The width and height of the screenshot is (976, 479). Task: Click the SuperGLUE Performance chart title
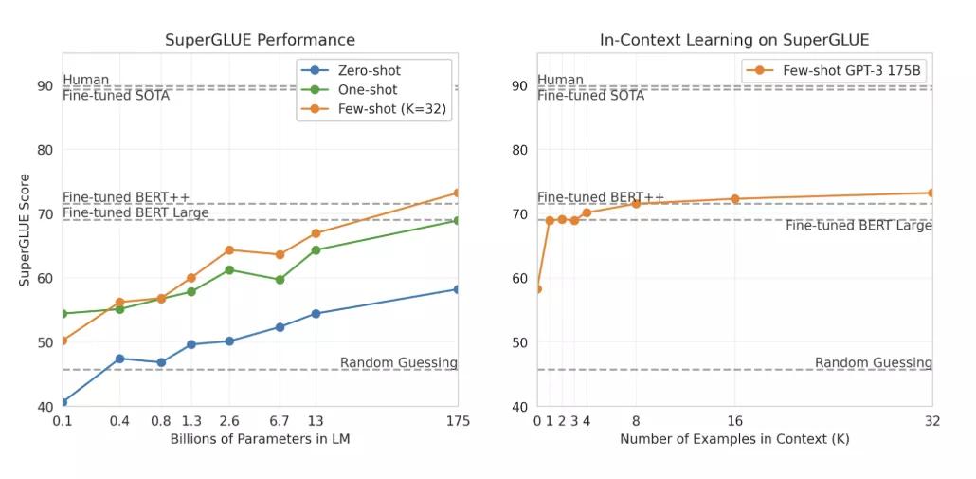260,40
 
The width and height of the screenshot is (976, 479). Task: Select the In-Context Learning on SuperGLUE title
734,40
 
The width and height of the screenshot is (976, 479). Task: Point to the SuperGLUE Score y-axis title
26,230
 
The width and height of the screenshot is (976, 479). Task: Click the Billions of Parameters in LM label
260,439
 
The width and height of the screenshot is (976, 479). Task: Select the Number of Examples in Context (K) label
734,439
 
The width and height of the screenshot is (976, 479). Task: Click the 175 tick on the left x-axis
458,421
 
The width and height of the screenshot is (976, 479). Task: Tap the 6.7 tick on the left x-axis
280,421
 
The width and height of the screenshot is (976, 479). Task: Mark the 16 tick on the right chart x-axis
734,421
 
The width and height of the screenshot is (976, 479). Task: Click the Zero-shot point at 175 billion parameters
458,289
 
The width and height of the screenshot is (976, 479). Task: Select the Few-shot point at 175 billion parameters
458,193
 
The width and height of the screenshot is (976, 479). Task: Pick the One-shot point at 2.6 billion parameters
229,269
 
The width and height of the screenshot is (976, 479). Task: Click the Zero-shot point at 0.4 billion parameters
119,359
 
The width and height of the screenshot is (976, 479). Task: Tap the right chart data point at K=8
636,203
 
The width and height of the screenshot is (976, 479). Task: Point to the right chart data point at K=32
931,193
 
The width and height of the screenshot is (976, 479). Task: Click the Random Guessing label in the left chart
398,363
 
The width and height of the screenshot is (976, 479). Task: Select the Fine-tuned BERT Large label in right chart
859,226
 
